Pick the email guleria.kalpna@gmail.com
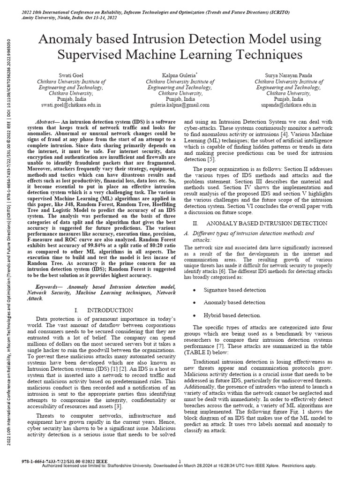click(177, 106)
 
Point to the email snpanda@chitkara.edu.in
click(285, 106)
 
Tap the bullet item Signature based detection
click(235, 290)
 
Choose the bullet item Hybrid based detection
click(232, 315)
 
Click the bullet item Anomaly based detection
click(234, 303)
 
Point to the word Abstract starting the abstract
click(47, 120)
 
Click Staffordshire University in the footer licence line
click(138, 466)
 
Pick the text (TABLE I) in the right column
click(200, 352)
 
